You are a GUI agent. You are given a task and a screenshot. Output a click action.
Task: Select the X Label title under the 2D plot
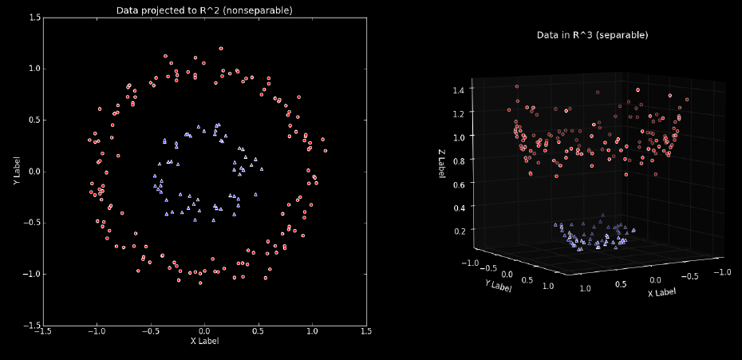(x=204, y=341)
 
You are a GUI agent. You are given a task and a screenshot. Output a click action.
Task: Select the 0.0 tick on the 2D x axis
(x=204, y=330)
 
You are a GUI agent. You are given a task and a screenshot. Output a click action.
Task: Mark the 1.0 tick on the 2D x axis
(x=312, y=330)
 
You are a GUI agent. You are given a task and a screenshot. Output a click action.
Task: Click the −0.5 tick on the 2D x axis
(x=150, y=330)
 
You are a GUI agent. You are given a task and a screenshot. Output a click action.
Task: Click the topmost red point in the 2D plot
(x=221, y=48)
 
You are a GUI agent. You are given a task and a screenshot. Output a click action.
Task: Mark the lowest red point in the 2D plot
(x=200, y=283)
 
